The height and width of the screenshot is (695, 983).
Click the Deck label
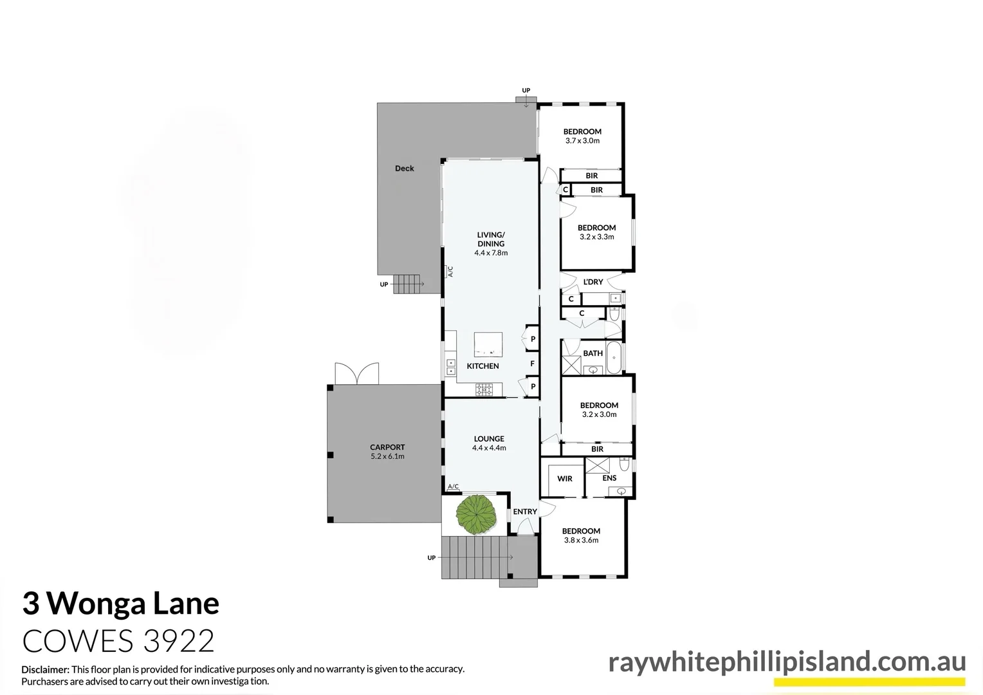pyautogui.click(x=405, y=169)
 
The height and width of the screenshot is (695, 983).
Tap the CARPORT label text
pyautogui.click(x=387, y=447)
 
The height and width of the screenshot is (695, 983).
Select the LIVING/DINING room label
pyautogui.click(x=491, y=239)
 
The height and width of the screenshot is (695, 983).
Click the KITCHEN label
pyautogui.click(x=482, y=366)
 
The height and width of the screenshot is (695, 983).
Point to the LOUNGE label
pyautogui.click(x=489, y=439)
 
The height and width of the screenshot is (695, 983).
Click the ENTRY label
pyautogui.click(x=525, y=512)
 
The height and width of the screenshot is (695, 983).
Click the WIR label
pyautogui.click(x=565, y=479)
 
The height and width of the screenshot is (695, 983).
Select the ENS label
pyautogui.click(x=609, y=478)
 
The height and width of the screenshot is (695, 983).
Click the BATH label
pyautogui.click(x=593, y=353)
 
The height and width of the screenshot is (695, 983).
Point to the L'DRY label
pyautogui.click(x=593, y=282)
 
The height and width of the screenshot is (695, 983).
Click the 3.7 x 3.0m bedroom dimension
pyautogui.click(x=582, y=141)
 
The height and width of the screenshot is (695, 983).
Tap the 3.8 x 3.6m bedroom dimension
pyautogui.click(x=581, y=541)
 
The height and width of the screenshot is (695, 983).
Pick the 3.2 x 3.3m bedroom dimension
pyautogui.click(x=596, y=237)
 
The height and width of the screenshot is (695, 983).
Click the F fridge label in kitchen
pyautogui.click(x=532, y=364)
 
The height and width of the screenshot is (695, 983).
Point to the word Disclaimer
pyautogui.click(x=45, y=669)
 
